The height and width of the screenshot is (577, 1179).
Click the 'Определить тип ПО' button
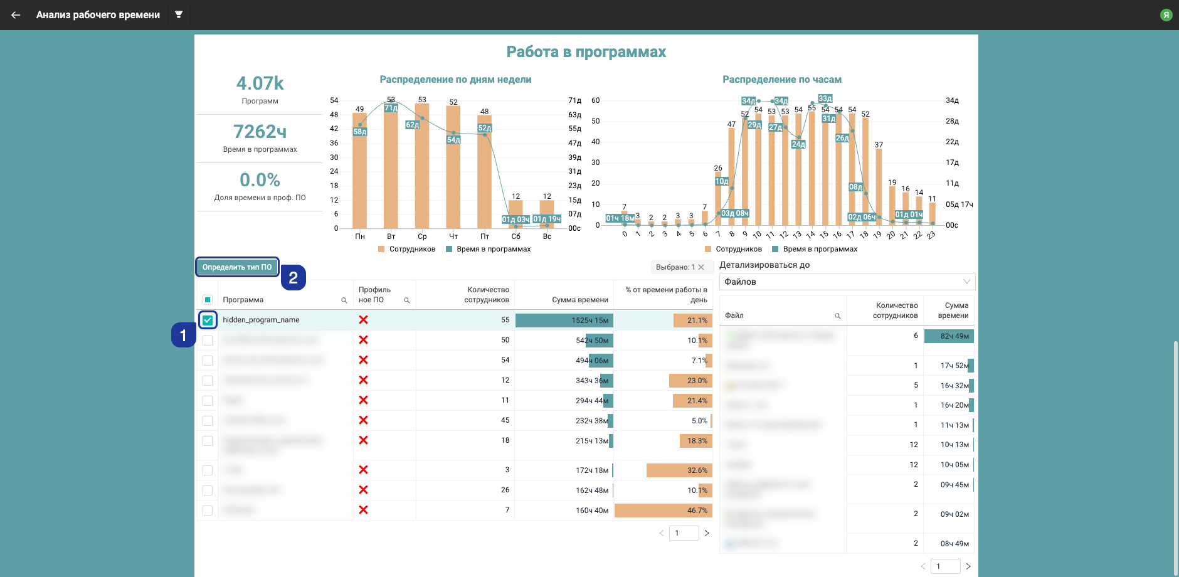click(237, 267)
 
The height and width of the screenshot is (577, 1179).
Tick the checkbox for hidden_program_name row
click(208, 320)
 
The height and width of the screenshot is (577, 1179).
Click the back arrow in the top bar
click(16, 15)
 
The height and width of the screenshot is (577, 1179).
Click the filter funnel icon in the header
click(179, 14)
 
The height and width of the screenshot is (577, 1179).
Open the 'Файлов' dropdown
click(847, 282)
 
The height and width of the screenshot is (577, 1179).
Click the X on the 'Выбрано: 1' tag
click(701, 267)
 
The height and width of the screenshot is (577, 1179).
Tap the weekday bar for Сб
click(515, 213)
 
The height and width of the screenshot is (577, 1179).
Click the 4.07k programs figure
click(260, 83)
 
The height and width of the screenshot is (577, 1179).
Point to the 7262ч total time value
click(260, 132)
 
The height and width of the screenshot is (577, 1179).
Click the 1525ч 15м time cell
click(564, 320)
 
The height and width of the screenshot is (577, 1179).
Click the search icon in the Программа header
click(344, 300)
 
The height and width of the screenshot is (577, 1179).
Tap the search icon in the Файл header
click(837, 316)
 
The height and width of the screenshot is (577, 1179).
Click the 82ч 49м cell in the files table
click(949, 336)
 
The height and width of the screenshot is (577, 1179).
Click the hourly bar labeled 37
click(879, 187)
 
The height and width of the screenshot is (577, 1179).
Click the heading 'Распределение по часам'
click(781, 80)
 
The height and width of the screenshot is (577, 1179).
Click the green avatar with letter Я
click(1166, 15)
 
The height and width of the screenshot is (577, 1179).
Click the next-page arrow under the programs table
click(707, 533)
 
